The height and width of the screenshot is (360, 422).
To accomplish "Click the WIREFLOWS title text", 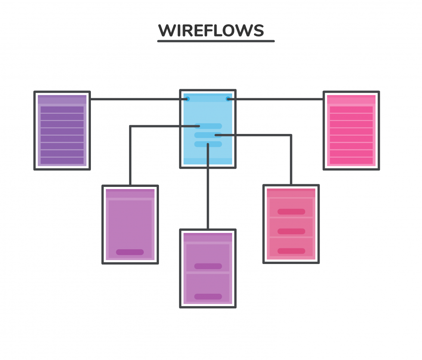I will pyautogui.click(x=211, y=31).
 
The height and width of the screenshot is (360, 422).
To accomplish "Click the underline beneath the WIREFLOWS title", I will pyautogui.click(x=215, y=41).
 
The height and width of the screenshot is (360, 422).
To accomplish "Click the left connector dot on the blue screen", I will pyautogui.click(x=186, y=99).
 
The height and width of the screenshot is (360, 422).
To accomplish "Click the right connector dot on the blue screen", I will pyautogui.click(x=229, y=99).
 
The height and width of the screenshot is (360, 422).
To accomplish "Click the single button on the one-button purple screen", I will pyautogui.click(x=130, y=252).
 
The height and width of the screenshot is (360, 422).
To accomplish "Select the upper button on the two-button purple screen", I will pyautogui.click(x=208, y=266).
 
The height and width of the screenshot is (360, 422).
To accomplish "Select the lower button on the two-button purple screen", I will pyautogui.click(x=208, y=296).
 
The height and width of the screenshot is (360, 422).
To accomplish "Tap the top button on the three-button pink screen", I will pyautogui.click(x=291, y=211).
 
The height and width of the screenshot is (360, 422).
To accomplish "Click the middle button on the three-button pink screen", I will pyautogui.click(x=291, y=231).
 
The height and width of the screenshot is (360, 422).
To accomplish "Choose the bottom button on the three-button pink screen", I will pyautogui.click(x=291, y=251).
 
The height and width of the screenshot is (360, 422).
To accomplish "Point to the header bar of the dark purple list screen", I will pyautogui.click(x=62, y=100).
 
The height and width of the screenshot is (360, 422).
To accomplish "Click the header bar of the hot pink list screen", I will pyautogui.click(x=351, y=100).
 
